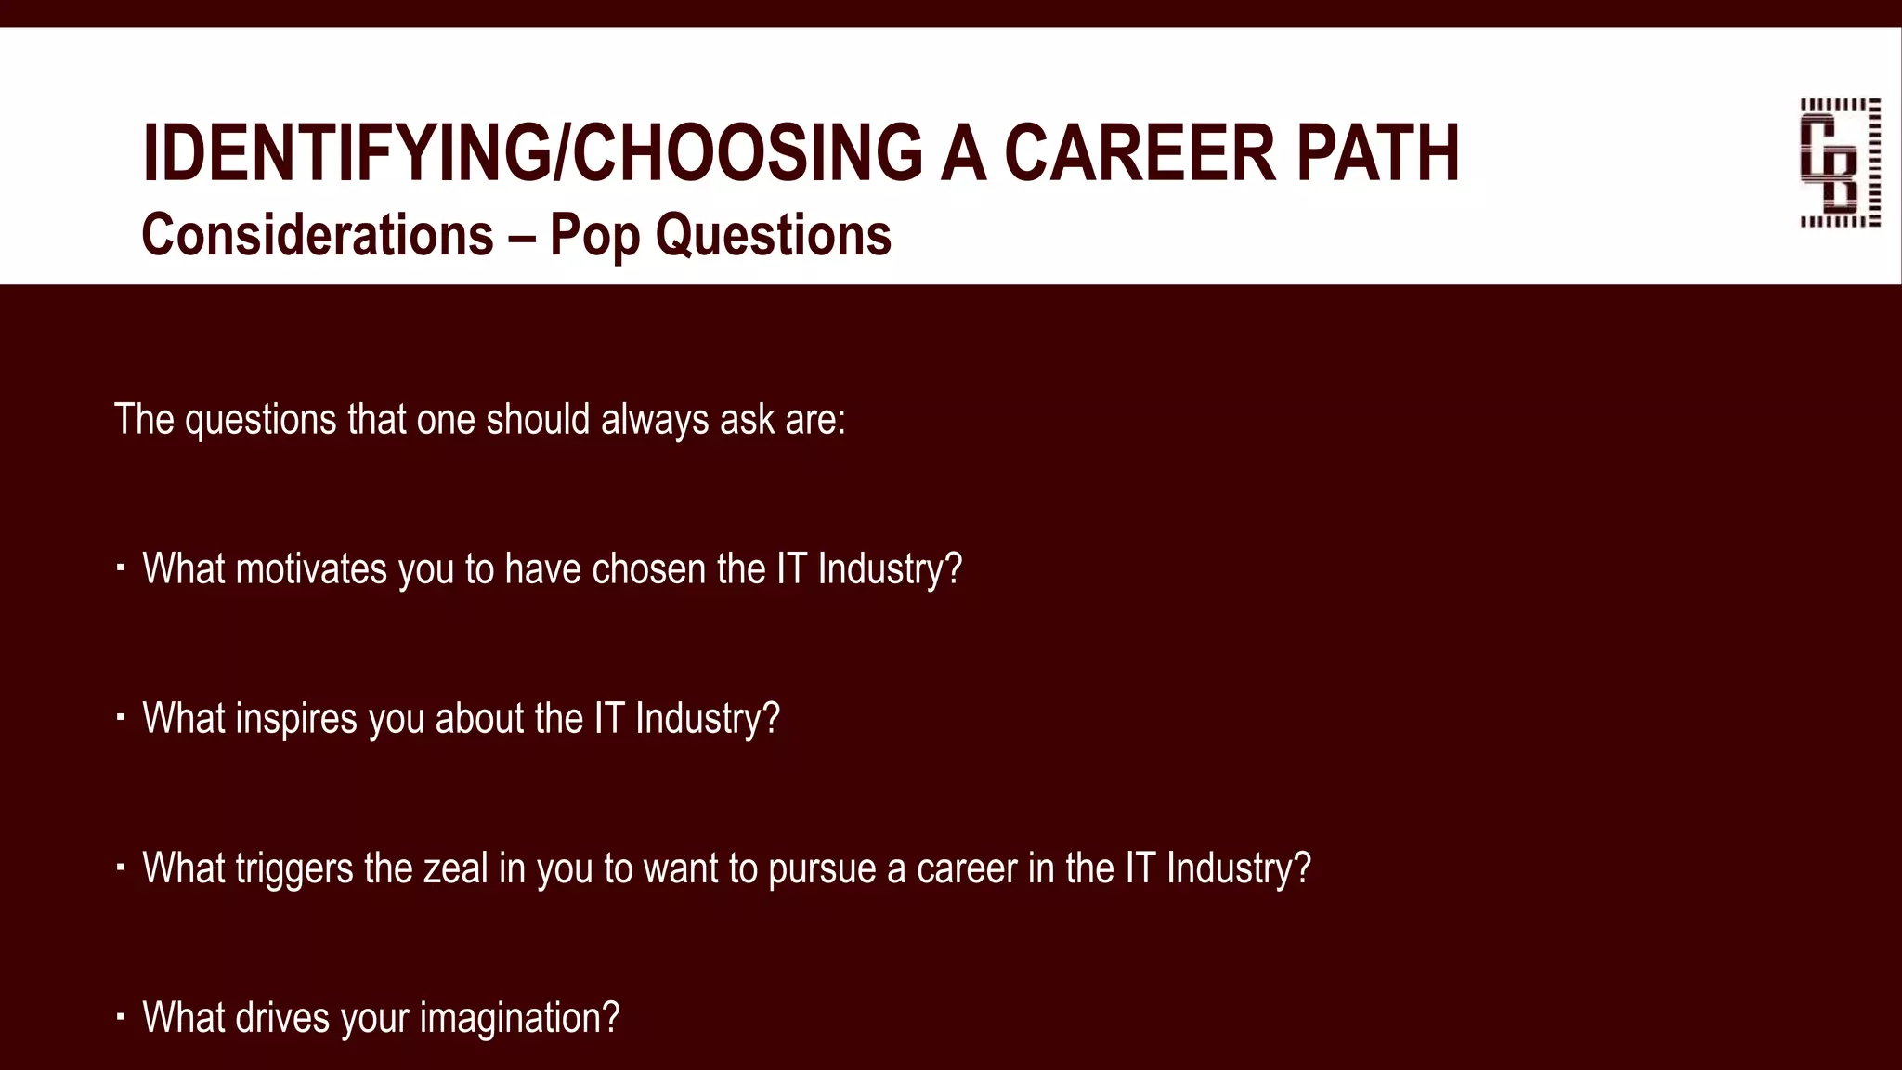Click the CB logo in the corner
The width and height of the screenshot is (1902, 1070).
point(1840,163)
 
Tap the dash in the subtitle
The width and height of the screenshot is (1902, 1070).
point(521,236)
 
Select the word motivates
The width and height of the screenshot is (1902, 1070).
point(311,569)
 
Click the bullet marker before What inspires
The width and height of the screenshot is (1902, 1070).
point(121,718)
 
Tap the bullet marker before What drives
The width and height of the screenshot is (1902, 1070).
point(121,1017)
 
